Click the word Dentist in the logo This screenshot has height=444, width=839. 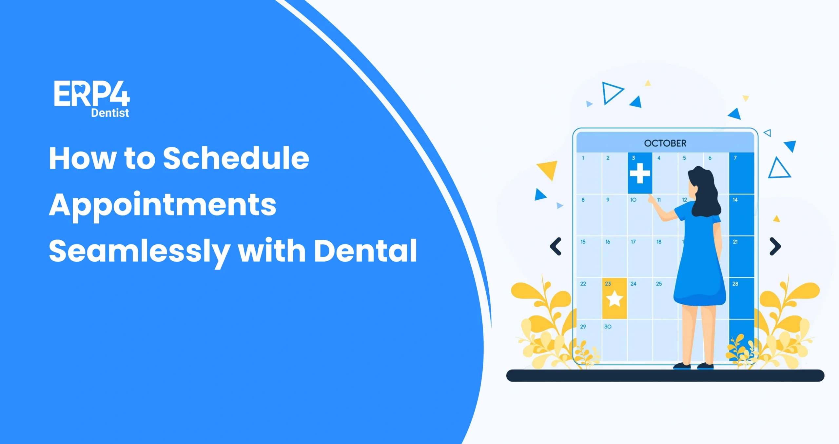click(110, 113)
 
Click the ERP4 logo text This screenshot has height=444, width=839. click(92, 94)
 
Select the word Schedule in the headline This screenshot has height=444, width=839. click(236, 158)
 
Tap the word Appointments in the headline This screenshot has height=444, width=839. click(163, 205)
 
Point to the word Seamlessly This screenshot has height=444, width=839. click(139, 251)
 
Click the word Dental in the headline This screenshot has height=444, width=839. click(365, 251)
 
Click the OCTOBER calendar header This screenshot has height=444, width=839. click(665, 143)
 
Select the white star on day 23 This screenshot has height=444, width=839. click(614, 299)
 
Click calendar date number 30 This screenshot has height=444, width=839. click(608, 327)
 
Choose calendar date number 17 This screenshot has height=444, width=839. click(633, 242)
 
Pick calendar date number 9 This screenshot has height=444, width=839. click(608, 200)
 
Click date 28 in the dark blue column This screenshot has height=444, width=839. click(735, 284)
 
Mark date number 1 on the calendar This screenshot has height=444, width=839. click(583, 158)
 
